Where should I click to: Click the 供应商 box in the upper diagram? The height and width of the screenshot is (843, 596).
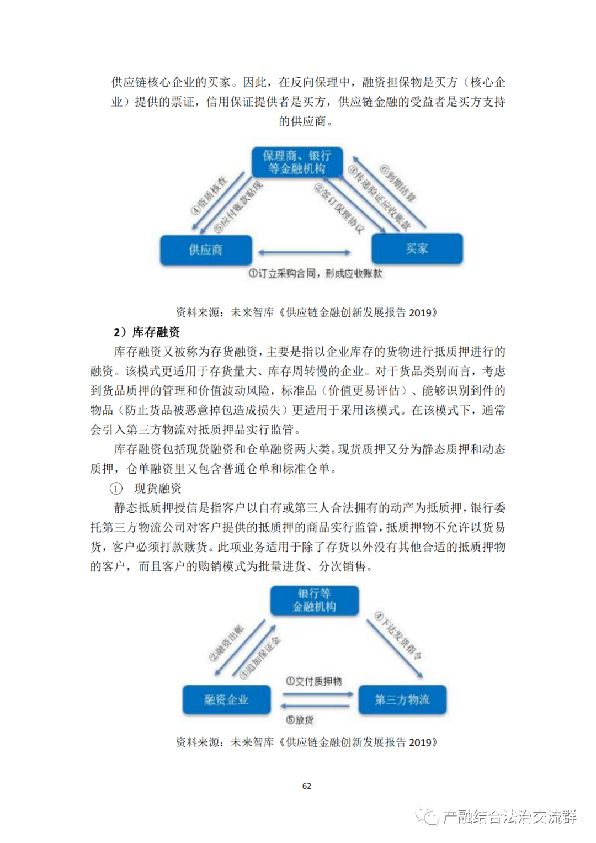tap(206, 250)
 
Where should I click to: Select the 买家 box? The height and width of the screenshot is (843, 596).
tap(417, 249)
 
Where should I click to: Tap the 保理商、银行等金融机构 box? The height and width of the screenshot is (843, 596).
tap(297, 162)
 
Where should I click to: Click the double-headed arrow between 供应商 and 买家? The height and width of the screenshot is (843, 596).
tap(304, 253)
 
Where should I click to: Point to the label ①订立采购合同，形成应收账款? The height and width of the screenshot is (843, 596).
tap(315, 273)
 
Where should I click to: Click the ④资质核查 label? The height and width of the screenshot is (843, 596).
tap(208, 196)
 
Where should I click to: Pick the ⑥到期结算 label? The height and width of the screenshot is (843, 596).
tap(398, 183)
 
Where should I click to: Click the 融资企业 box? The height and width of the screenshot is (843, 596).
tap(226, 700)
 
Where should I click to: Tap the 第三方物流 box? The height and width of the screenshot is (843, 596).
tap(402, 700)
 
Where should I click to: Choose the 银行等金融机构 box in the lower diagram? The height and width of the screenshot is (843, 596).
tap(314, 601)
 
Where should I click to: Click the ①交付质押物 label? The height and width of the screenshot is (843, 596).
tap(313, 681)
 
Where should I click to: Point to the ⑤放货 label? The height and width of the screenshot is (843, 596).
tap(300, 720)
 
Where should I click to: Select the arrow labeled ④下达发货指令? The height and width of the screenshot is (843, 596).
tap(395, 649)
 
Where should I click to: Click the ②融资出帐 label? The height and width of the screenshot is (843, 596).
tap(226, 643)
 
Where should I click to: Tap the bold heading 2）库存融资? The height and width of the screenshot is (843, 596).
tap(147, 332)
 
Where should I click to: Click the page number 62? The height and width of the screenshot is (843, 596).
tap(307, 786)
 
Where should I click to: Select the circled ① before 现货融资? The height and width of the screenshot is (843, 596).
tap(116, 489)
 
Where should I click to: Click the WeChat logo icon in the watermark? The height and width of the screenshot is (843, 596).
tap(427, 816)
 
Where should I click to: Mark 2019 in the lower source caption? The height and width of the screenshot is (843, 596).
tap(419, 743)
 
